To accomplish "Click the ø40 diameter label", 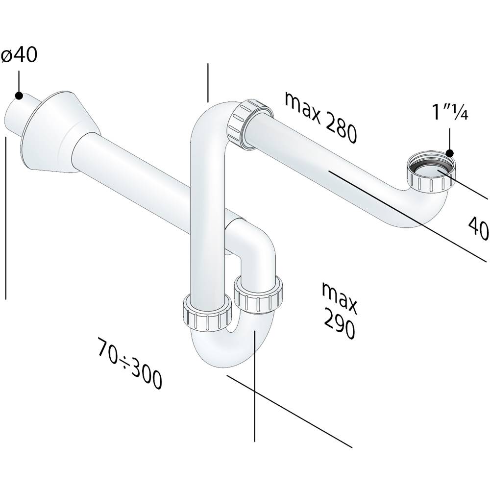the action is point(19,55).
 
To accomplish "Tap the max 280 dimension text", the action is point(320,118).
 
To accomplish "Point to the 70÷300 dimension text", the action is point(130,363).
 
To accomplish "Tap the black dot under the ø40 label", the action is point(19,96).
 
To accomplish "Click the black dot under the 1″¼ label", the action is point(450,153).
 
